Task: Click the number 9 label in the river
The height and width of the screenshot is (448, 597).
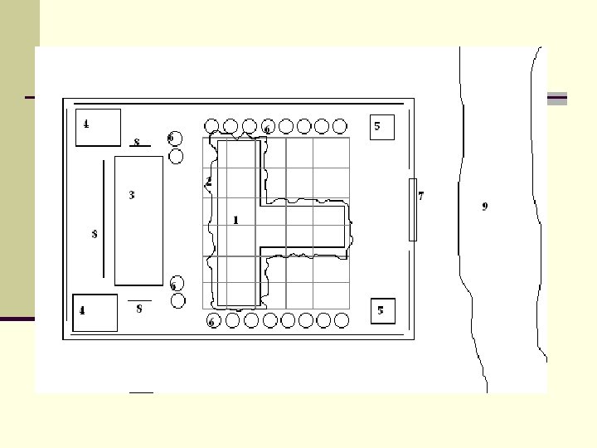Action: click(x=485, y=207)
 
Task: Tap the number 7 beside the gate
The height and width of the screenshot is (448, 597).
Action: click(x=421, y=197)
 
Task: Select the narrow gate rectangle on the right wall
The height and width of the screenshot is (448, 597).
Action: click(x=412, y=209)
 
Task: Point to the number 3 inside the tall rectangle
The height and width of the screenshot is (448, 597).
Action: click(x=131, y=195)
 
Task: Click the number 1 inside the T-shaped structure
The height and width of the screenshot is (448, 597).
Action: click(x=235, y=220)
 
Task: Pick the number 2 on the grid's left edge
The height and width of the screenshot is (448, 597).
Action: click(x=209, y=181)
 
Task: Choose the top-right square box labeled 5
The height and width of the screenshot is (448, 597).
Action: click(x=381, y=127)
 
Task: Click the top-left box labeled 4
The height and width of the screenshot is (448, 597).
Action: click(x=98, y=127)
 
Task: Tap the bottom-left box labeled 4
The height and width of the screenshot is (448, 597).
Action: click(x=95, y=312)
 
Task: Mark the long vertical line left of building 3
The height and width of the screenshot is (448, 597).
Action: click(x=104, y=220)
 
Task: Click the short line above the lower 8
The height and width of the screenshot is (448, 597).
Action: click(x=139, y=299)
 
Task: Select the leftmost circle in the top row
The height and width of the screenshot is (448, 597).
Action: click(x=211, y=126)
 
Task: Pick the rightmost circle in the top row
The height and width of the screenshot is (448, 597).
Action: click(x=341, y=126)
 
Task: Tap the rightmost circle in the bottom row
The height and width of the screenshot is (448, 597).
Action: click(x=341, y=320)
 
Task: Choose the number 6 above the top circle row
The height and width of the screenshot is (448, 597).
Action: click(x=266, y=129)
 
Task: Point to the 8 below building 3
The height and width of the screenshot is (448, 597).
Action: click(x=138, y=309)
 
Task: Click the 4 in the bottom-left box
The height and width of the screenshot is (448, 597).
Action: click(x=81, y=311)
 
